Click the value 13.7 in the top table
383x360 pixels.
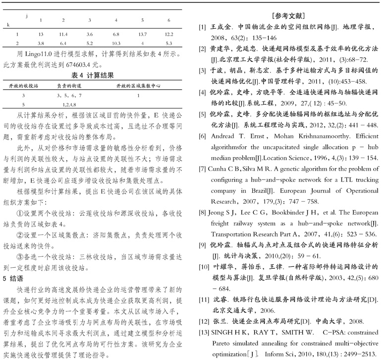(x=142, y=34)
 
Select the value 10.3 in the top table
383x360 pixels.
(x=116, y=43)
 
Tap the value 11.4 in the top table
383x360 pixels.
(x=63, y=34)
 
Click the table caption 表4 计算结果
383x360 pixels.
(x=92, y=75)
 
